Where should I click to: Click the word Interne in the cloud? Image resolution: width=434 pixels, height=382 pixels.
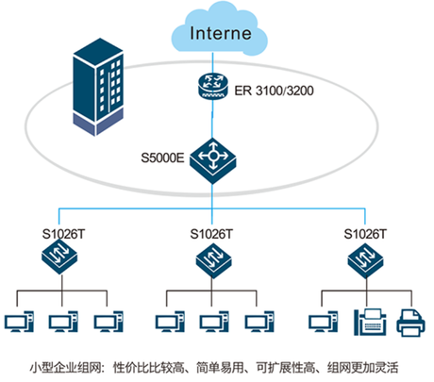(x=221, y=33)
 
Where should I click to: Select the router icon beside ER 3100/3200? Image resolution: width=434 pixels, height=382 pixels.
(x=212, y=86)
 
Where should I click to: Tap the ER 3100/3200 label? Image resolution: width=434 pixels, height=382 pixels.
(x=274, y=91)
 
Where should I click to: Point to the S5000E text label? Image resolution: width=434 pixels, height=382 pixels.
(x=162, y=158)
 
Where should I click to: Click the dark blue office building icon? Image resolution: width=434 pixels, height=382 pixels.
(x=98, y=87)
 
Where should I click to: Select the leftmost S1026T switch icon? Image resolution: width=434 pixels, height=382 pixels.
(x=59, y=257)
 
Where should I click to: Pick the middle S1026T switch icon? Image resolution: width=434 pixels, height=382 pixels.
(x=214, y=260)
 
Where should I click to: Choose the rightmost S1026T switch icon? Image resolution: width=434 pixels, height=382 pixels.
(x=365, y=260)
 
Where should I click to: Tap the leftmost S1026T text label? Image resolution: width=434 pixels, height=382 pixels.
(x=63, y=234)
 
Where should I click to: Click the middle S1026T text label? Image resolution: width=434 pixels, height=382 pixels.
(x=211, y=234)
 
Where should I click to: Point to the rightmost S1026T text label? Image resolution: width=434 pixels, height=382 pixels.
(x=365, y=234)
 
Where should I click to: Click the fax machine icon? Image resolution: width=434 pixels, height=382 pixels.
(x=370, y=323)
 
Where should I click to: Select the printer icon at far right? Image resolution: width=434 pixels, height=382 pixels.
(x=411, y=324)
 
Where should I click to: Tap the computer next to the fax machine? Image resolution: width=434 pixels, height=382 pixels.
(x=324, y=322)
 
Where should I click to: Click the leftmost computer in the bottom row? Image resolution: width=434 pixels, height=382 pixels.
(x=19, y=322)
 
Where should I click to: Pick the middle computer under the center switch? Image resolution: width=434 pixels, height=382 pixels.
(x=214, y=322)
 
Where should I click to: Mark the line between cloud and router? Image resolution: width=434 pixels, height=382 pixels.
(x=212, y=63)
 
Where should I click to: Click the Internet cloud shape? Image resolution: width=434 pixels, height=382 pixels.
(x=220, y=29)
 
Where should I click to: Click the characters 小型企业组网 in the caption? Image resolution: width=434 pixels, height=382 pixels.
(x=66, y=368)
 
